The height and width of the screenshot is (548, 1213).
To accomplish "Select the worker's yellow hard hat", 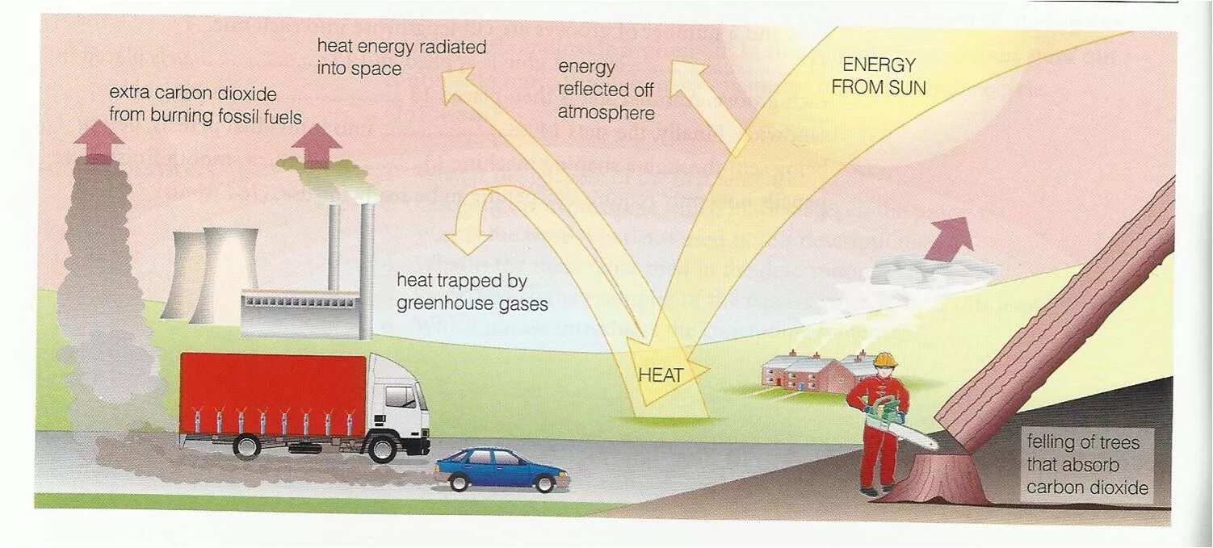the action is (x=886, y=360).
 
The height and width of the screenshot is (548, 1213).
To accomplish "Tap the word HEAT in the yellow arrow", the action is (x=661, y=375).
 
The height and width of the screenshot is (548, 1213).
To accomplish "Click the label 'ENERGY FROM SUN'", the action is (x=879, y=76).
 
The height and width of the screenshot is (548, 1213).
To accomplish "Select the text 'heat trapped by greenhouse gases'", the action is (x=472, y=292).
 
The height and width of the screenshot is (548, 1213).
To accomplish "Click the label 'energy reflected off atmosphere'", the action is (x=606, y=90).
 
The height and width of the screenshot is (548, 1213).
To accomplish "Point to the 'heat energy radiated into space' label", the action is (x=401, y=57).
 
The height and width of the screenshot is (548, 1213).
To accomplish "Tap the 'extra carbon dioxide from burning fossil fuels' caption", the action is (x=205, y=105).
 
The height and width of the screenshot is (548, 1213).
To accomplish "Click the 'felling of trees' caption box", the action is (x=1087, y=465).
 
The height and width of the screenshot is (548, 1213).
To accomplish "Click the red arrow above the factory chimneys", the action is (x=317, y=146).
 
